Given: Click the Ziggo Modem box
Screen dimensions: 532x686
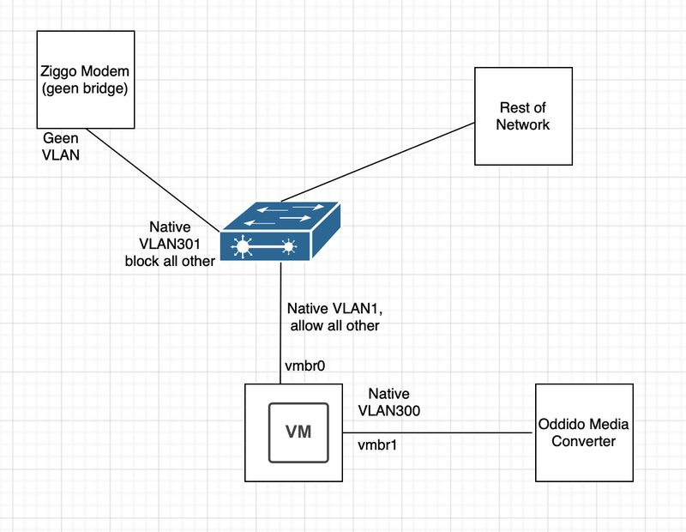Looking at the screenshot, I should pyautogui.click(x=85, y=80).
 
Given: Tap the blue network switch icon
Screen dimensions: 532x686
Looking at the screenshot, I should pyautogui.click(x=280, y=232).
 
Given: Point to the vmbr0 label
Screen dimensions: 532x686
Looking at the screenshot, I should pyautogui.click(x=304, y=367).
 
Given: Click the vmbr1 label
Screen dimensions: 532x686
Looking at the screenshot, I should pyautogui.click(x=378, y=446).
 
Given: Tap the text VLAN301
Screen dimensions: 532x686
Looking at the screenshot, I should pyautogui.click(x=170, y=245).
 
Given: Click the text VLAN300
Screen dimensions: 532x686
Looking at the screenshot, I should pyautogui.click(x=391, y=412).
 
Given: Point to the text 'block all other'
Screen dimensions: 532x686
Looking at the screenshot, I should pyautogui.click(x=170, y=261).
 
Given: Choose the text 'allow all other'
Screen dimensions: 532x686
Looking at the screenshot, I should pyautogui.click(x=334, y=325).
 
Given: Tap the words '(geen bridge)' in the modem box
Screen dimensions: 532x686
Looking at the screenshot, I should pyautogui.click(x=85, y=88).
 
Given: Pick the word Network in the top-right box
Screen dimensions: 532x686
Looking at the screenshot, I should pyautogui.click(x=524, y=124).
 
